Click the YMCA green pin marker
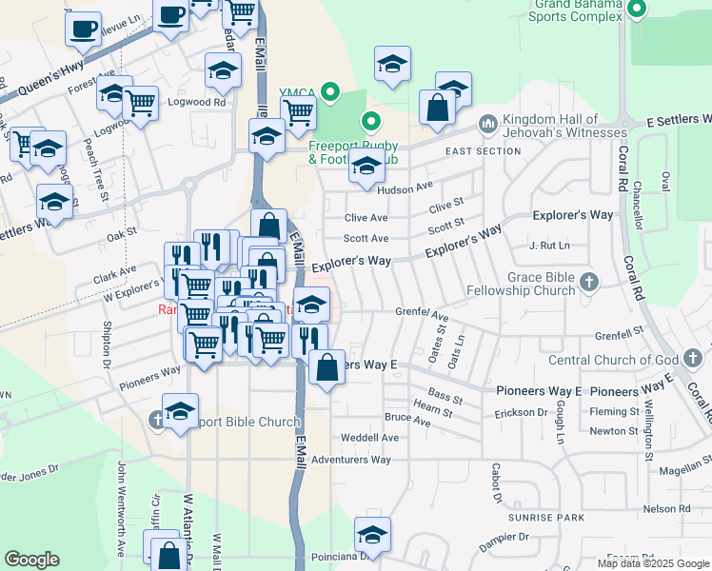click(330, 92)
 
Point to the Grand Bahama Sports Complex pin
click(637, 11)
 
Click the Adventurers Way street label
click(351, 460)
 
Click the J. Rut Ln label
click(549, 246)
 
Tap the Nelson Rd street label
click(665, 509)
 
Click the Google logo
click(31, 560)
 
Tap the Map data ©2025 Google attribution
click(652, 563)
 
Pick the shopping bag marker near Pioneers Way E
click(326, 368)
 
